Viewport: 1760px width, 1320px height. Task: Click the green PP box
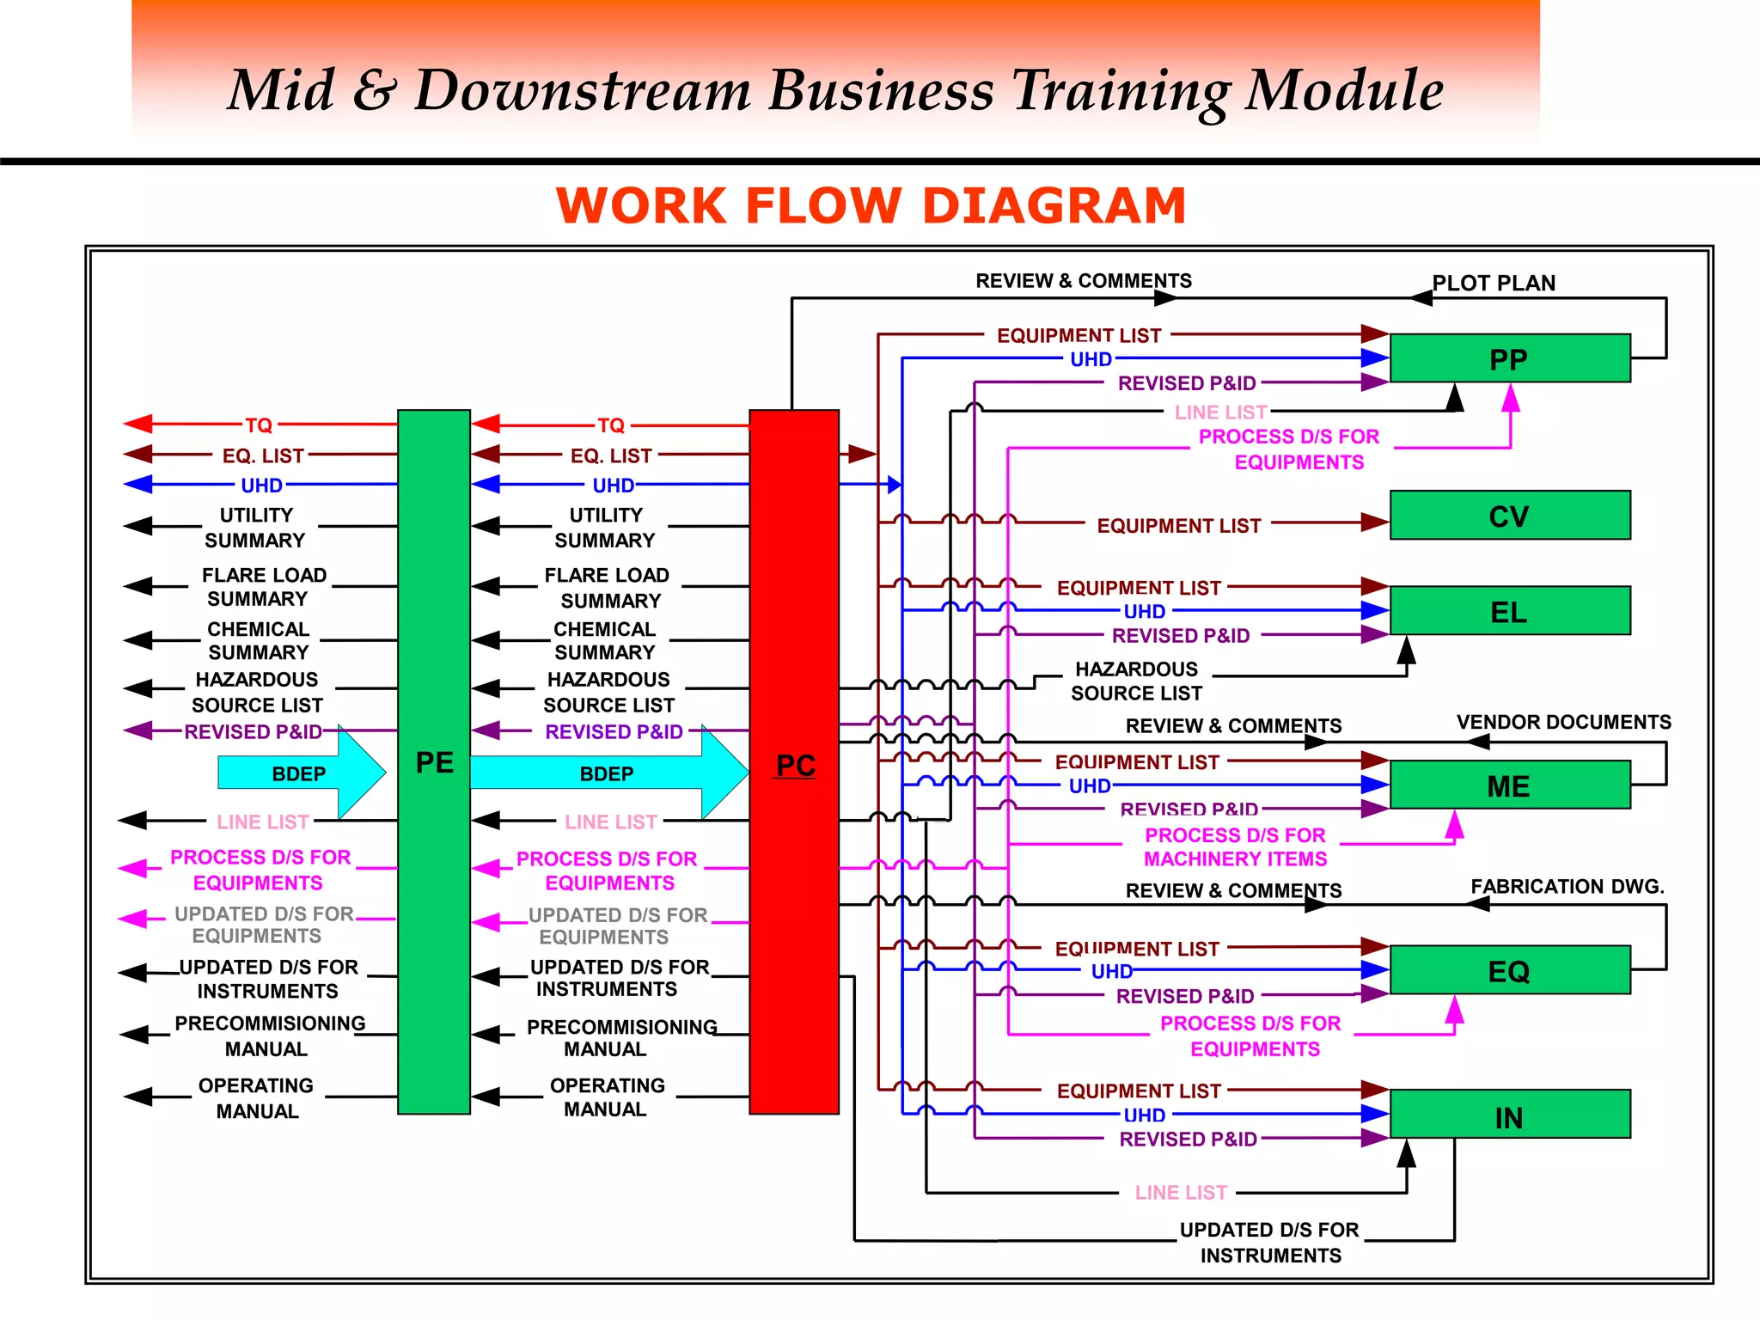[1509, 358]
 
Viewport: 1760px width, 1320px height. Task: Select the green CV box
[1509, 516]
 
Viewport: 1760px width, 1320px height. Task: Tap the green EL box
[1509, 611]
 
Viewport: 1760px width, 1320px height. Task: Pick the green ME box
[1509, 785]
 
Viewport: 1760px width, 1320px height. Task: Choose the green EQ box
[1509, 970]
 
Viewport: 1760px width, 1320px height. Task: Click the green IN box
[1509, 1115]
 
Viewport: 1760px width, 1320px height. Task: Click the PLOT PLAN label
[1494, 283]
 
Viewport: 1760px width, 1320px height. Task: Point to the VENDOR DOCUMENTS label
[1563, 722]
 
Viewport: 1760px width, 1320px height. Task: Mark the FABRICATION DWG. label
[1567, 886]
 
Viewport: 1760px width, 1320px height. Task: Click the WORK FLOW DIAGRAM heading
[871, 206]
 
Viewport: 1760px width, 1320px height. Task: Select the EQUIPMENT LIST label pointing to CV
[1178, 525]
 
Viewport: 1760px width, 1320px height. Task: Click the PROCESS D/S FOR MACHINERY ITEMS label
[1235, 847]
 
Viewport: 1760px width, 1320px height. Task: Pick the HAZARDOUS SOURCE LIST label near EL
[1136, 681]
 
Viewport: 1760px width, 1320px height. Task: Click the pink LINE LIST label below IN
[1181, 1192]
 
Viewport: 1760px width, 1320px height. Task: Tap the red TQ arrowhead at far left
[137, 424]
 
